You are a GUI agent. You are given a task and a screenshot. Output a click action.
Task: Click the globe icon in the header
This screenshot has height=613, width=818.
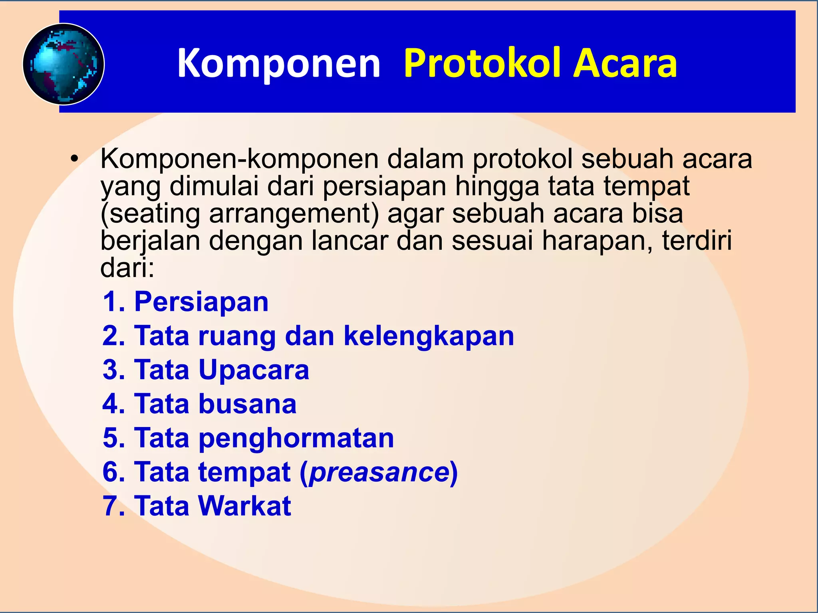pos(64,64)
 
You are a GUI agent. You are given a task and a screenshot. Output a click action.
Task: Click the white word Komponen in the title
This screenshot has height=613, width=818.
pos(279,63)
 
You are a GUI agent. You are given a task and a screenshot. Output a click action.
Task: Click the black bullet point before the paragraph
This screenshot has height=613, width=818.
pos(73,159)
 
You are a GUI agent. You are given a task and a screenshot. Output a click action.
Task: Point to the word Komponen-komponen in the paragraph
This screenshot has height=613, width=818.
pos(239,159)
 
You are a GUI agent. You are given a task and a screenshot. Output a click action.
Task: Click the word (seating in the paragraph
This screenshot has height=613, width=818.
pos(150,214)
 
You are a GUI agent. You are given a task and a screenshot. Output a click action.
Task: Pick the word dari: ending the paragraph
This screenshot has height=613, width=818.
pos(127,267)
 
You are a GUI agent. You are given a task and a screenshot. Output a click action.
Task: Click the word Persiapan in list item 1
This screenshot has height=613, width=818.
pos(201,301)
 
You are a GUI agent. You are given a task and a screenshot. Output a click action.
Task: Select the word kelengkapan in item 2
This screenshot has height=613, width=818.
pos(429,336)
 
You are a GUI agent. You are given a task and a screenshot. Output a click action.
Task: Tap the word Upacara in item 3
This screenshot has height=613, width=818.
pos(254,370)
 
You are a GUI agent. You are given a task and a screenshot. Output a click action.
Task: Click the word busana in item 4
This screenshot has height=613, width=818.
pos(248,404)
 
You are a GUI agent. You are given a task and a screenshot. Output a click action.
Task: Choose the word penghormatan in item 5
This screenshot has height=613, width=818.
pos(296,438)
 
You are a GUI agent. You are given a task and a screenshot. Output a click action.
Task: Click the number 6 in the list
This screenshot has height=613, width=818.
pos(111,472)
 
